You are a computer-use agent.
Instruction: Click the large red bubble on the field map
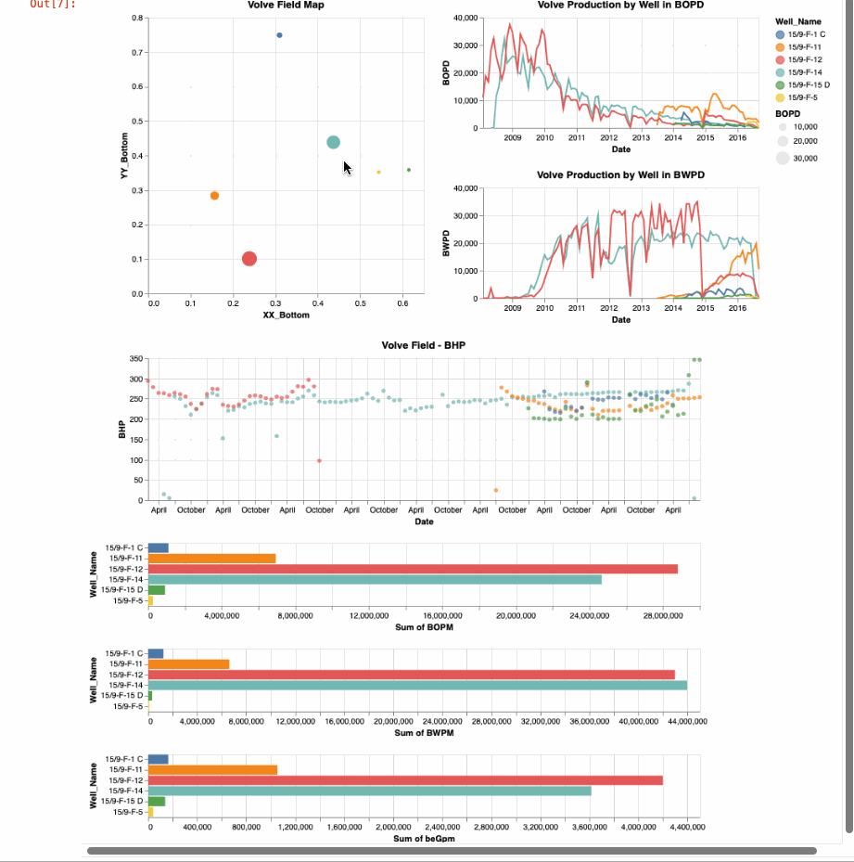click(x=249, y=259)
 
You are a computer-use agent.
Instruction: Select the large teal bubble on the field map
click(x=333, y=142)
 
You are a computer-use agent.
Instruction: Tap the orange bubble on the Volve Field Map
click(x=214, y=196)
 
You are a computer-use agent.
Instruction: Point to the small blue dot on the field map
click(x=279, y=35)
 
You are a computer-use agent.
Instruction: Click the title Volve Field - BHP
click(x=424, y=346)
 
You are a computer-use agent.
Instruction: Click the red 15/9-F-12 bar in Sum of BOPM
click(x=413, y=569)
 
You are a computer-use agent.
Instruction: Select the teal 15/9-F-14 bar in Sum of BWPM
click(x=417, y=686)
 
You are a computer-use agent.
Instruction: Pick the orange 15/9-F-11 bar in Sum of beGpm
click(x=212, y=769)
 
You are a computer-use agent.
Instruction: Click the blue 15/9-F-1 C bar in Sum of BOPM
click(x=158, y=547)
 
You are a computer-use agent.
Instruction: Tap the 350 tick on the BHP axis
click(x=135, y=359)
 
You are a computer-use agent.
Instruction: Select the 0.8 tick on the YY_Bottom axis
click(x=136, y=19)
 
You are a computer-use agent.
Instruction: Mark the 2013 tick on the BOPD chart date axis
click(x=641, y=138)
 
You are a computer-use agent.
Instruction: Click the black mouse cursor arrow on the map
click(x=347, y=167)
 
